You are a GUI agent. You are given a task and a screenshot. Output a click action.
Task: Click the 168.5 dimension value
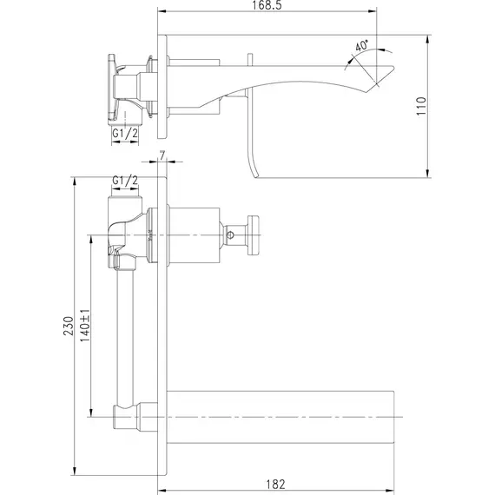coord(267,5)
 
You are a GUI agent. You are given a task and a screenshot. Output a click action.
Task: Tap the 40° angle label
coord(362,45)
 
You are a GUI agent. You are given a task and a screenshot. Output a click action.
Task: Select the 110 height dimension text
coord(421,106)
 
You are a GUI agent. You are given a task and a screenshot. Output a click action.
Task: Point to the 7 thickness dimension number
coord(162,155)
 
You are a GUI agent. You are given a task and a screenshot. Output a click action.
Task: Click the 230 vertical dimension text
coord(69,326)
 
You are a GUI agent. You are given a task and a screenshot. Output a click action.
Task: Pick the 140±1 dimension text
coord(85,326)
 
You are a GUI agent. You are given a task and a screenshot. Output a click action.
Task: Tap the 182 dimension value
coord(275,484)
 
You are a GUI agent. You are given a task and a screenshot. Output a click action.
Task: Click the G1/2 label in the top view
coord(125,134)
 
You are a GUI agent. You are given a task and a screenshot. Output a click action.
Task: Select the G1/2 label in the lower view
coord(125,181)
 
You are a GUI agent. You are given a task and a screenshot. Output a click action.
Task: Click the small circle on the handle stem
coord(230,234)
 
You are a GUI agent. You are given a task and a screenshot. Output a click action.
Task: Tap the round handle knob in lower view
coord(254,234)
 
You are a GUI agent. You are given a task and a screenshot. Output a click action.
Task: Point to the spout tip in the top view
coord(393,67)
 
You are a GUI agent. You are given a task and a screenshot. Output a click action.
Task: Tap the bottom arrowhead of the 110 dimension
coord(428,173)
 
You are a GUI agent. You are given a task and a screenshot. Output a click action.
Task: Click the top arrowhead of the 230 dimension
coord(75,181)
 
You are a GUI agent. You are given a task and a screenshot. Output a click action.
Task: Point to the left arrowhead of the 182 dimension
coord(162,491)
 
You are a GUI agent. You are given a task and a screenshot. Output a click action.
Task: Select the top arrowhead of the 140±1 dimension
coord(91,240)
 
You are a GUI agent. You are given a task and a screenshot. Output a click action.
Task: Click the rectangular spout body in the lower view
coord(280,417)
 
